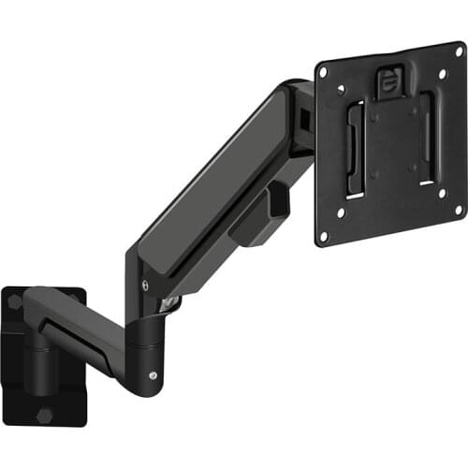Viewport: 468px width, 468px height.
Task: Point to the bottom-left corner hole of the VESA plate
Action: click(324, 236)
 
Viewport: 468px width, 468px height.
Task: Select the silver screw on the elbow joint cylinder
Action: click(153, 375)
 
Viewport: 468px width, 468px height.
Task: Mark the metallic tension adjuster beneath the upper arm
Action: click(171, 300)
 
